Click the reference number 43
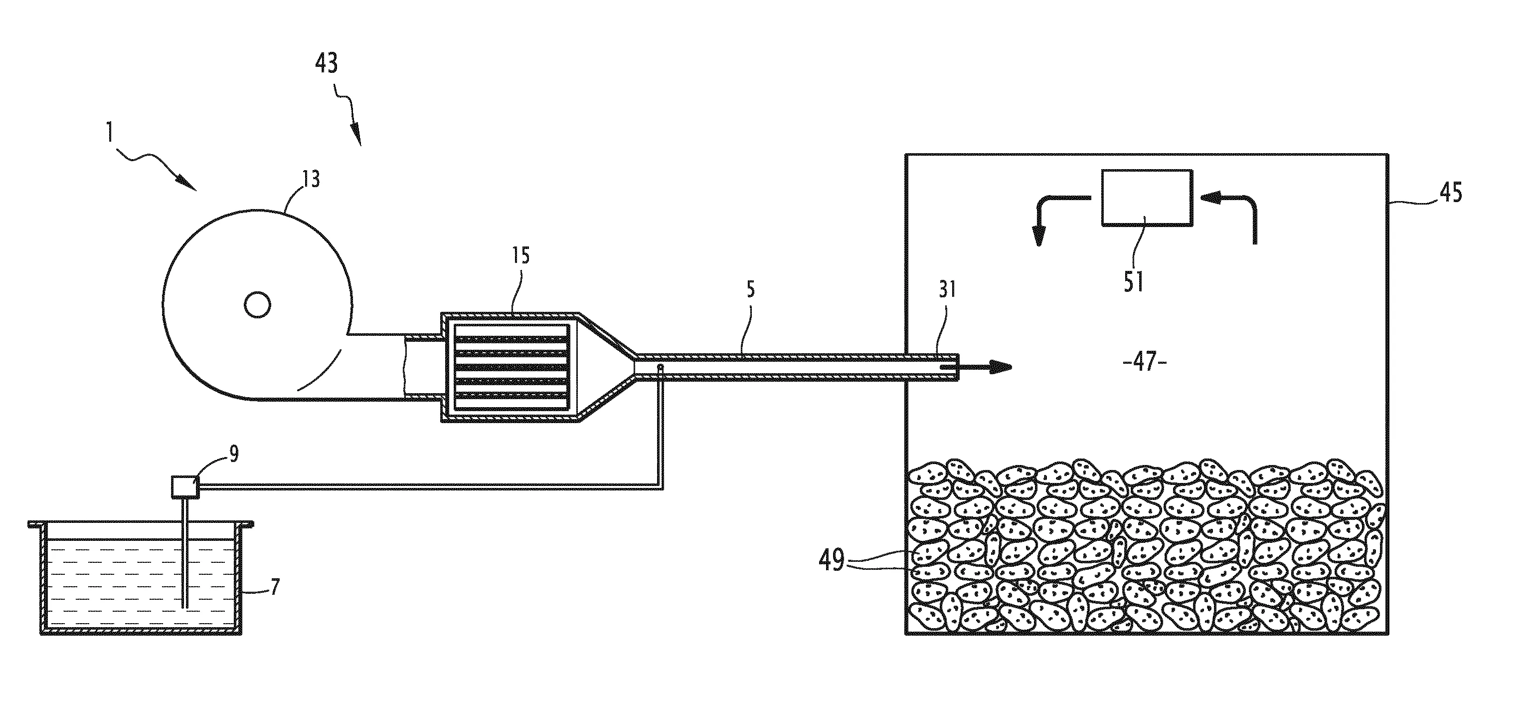(x=326, y=63)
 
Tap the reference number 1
(x=109, y=132)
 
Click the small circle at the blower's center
(x=257, y=305)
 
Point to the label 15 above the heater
(x=520, y=256)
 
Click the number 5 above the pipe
(x=750, y=289)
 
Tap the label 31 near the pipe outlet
(x=947, y=289)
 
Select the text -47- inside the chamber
(x=1146, y=361)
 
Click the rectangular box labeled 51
(x=1146, y=198)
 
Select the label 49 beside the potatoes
(x=832, y=559)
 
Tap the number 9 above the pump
(x=234, y=454)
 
